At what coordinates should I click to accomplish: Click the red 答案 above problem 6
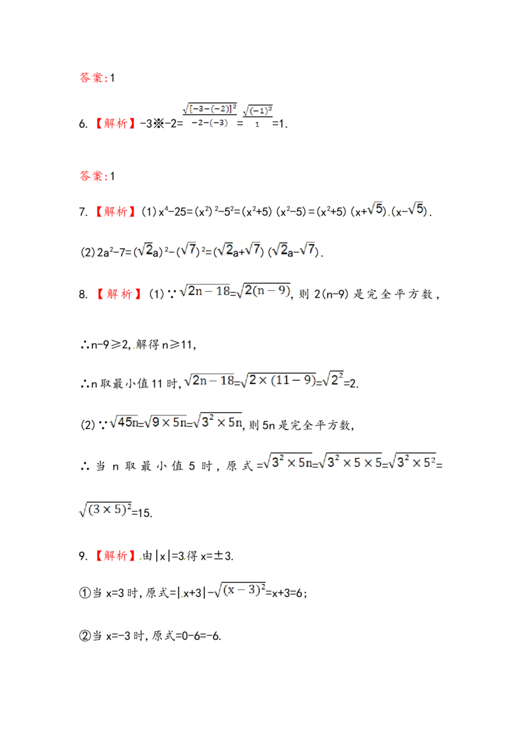[x=91, y=77]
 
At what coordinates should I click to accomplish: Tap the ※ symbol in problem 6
[x=158, y=124]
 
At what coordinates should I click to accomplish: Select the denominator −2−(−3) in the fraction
[x=210, y=122]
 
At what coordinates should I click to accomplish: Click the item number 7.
[x=83, y=212]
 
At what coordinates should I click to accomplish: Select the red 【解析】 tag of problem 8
[x=119, y=294]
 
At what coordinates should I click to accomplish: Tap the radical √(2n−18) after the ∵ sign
[x=204, y=291]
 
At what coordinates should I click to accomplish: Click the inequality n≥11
[x=178, y=345]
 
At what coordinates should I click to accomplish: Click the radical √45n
[x=124, y=423]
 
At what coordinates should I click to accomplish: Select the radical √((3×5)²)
[x=105, y=510]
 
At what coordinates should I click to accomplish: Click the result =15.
[x=141, y=513]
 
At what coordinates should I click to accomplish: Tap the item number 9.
[x=83, y=556]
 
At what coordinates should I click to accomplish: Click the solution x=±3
[x=216, y=557]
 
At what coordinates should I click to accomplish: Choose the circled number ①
[x=85, y=593]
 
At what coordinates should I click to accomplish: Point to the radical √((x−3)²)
[x=240, y=590]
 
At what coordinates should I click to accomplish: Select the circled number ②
[x=85, y=636]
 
